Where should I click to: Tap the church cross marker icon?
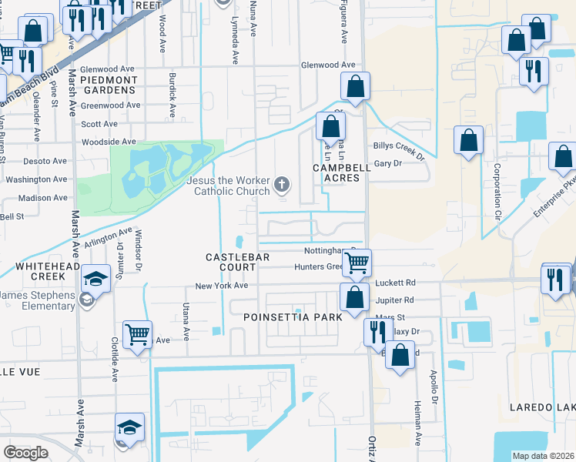pyautogui.click(x=283, y=186)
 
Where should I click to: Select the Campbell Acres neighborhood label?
pyautogui.click(x=337, y=172)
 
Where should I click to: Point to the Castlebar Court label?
pyautogui.click(x=230, y=262)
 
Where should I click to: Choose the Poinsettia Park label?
pyautogui.click(x=292, y=317)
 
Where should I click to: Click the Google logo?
pyautogui.click(x=25, y=453)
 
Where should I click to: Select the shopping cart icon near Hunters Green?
pyautogui.click(x=357, y=263)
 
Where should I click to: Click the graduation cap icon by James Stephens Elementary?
pyautogui.click(x=96, y=280)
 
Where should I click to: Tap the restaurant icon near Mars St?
pyautogui.click(x=377, y=331)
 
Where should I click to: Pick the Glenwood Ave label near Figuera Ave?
pyautogui.click(x=328, y=65)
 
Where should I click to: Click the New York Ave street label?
pyautogui.click(x=222, y=286)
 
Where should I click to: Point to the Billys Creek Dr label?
pyautogui.click(x=399, y=150)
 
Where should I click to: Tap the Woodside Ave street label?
pyautogui.click(x=109, y=142)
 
